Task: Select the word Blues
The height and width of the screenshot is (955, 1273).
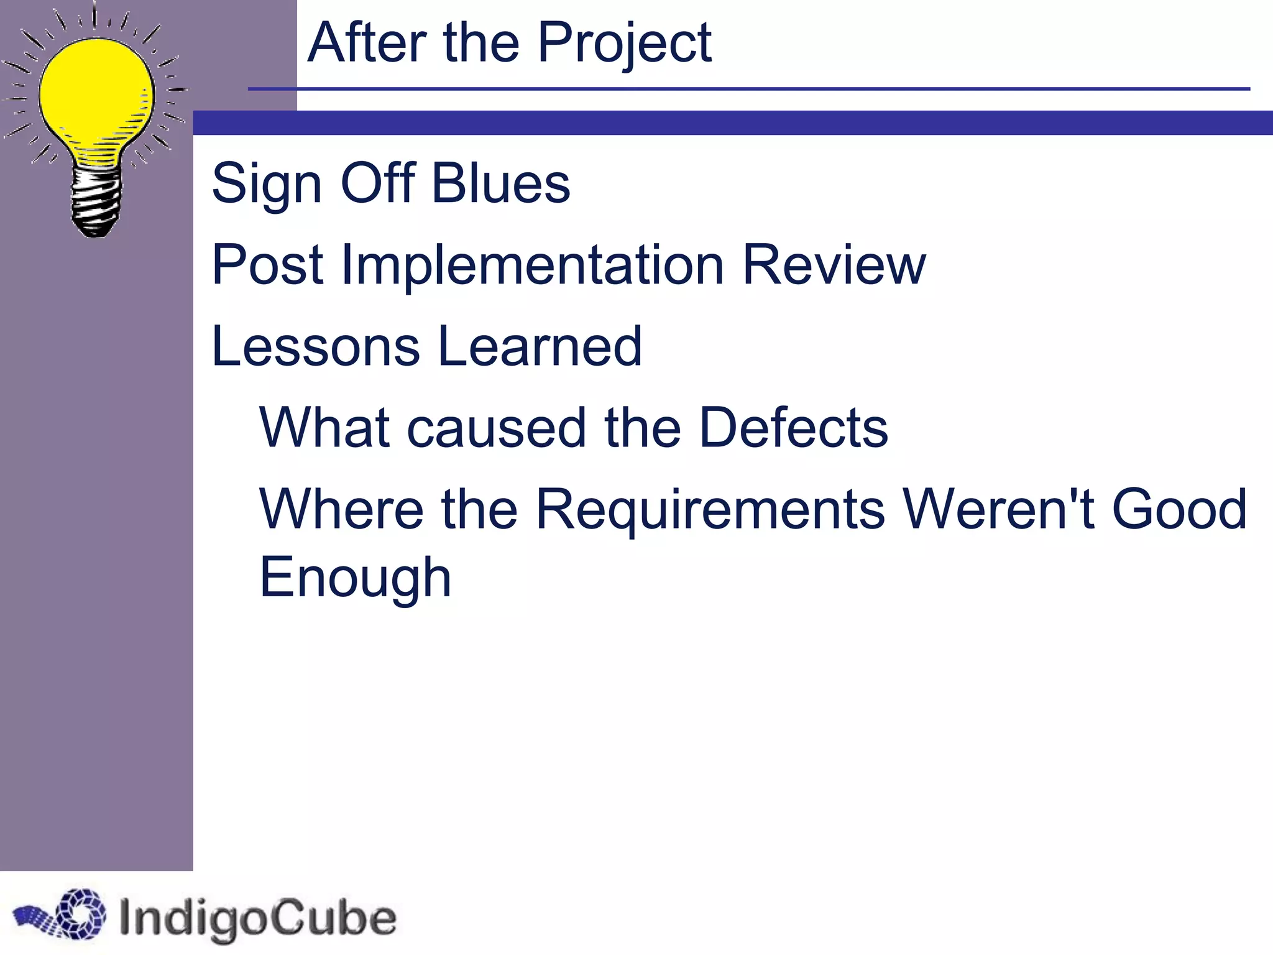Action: pyautogui.click(x=500, y=183)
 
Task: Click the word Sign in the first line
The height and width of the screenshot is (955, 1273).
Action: pyautogui.click(x=267, y=185)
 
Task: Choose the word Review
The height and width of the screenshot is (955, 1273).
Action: pyautogui.click(x=834, y=265)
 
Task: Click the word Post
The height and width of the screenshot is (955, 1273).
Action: pyautogui.click(x=267, y=265)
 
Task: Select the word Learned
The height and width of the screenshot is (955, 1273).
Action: pyautogui.click(x=540, y=346)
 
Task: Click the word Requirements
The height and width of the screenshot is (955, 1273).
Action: pyautogui.click(x=709, y=510)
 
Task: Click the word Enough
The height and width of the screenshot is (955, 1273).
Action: pyautogui.click(x=355, y=578)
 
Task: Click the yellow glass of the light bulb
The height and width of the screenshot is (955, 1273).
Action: pyautogui.click(x=96, y=93)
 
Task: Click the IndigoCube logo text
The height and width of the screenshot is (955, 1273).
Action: pyautogui.click(x=257, y=918)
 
